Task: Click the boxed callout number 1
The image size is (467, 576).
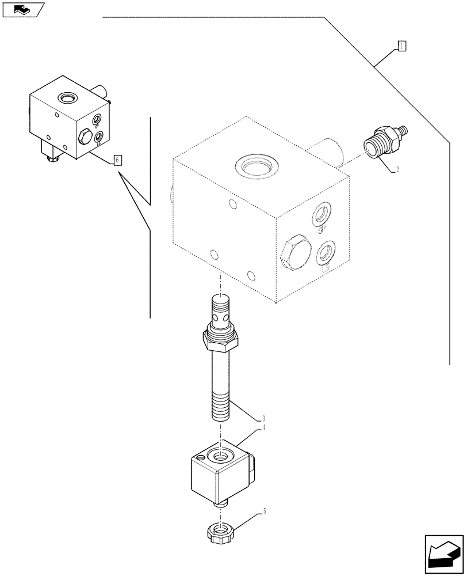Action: click(x=402, y=47)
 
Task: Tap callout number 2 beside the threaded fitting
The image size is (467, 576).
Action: click(x=396, y=169)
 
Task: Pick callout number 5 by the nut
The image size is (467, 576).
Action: click(x=264, y=511)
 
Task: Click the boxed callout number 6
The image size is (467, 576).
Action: click(x=117, y=160)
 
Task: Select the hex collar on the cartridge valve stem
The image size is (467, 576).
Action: click(x=220, y=339)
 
